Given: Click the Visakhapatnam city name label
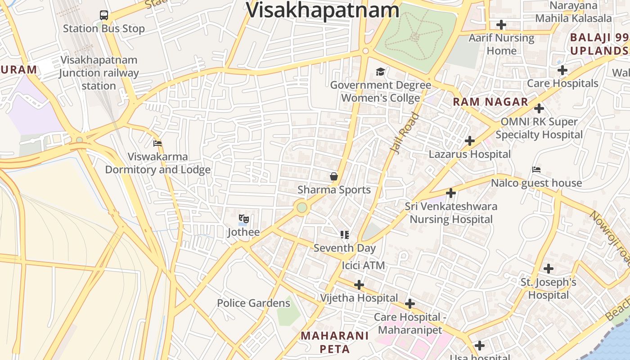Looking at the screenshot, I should (323, 10).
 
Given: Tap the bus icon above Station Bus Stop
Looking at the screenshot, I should (104, 15).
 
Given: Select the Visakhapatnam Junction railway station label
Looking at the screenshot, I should (99, 73).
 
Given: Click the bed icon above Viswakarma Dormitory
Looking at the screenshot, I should (157, 144).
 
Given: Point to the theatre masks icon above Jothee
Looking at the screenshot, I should (243, 219).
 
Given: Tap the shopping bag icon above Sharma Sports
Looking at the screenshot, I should (334, 176).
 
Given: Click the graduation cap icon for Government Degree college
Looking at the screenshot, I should (381, 72).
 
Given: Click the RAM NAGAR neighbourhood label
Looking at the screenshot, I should (490, 102).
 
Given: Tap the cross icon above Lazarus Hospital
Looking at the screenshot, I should (469, 141).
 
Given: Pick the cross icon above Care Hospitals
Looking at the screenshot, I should (562, 70).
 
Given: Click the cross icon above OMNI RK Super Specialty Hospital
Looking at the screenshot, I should (539, 108).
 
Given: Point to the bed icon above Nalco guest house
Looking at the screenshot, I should (536, 170).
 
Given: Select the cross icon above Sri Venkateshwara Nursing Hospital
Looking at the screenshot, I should (450, 193).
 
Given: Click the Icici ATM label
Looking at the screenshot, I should (363, 265).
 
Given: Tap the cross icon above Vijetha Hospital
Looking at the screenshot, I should (359, 285).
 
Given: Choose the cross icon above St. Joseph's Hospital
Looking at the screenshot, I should (548, 269).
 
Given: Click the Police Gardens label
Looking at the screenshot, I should (253, 303).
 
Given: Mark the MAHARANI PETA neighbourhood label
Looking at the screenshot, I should (334, 342).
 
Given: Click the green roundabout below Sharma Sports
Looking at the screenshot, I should (302, 207).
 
